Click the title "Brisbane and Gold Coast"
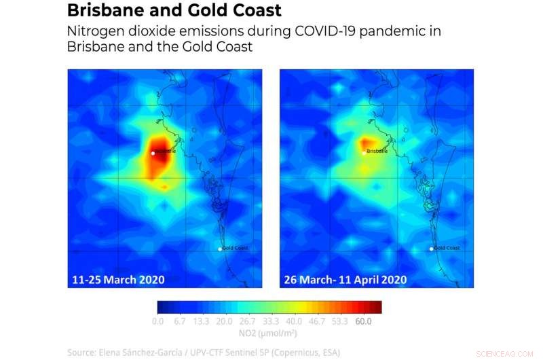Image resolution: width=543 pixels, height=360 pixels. coord(174,12)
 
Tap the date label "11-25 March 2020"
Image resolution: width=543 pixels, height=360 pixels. coord(119,279)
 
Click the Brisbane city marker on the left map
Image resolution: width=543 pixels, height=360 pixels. coord(153,154)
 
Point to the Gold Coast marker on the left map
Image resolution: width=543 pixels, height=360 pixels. coord(220,249)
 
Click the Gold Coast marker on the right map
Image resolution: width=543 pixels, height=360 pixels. coord(432,249)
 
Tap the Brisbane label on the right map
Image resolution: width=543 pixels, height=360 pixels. coord(377,151)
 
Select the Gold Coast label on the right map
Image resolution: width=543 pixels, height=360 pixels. coord(447,248)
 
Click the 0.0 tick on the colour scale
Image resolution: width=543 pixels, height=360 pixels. coord(158,321)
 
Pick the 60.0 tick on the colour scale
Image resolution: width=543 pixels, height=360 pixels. coord(364,321)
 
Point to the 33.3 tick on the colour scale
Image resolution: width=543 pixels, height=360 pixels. coord(271,321)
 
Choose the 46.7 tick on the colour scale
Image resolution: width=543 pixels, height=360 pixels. coord(316,321)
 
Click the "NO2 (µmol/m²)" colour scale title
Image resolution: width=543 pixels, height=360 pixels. coord(269,333)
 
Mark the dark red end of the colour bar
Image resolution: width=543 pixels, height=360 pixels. coord(376,307)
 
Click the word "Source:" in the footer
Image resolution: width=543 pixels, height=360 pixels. coord(82,352)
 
